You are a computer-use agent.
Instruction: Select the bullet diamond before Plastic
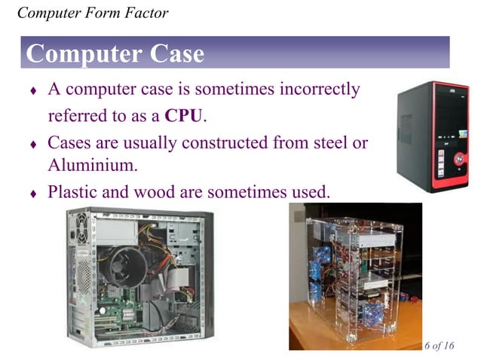32,194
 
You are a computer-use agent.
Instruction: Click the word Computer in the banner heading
81,53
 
